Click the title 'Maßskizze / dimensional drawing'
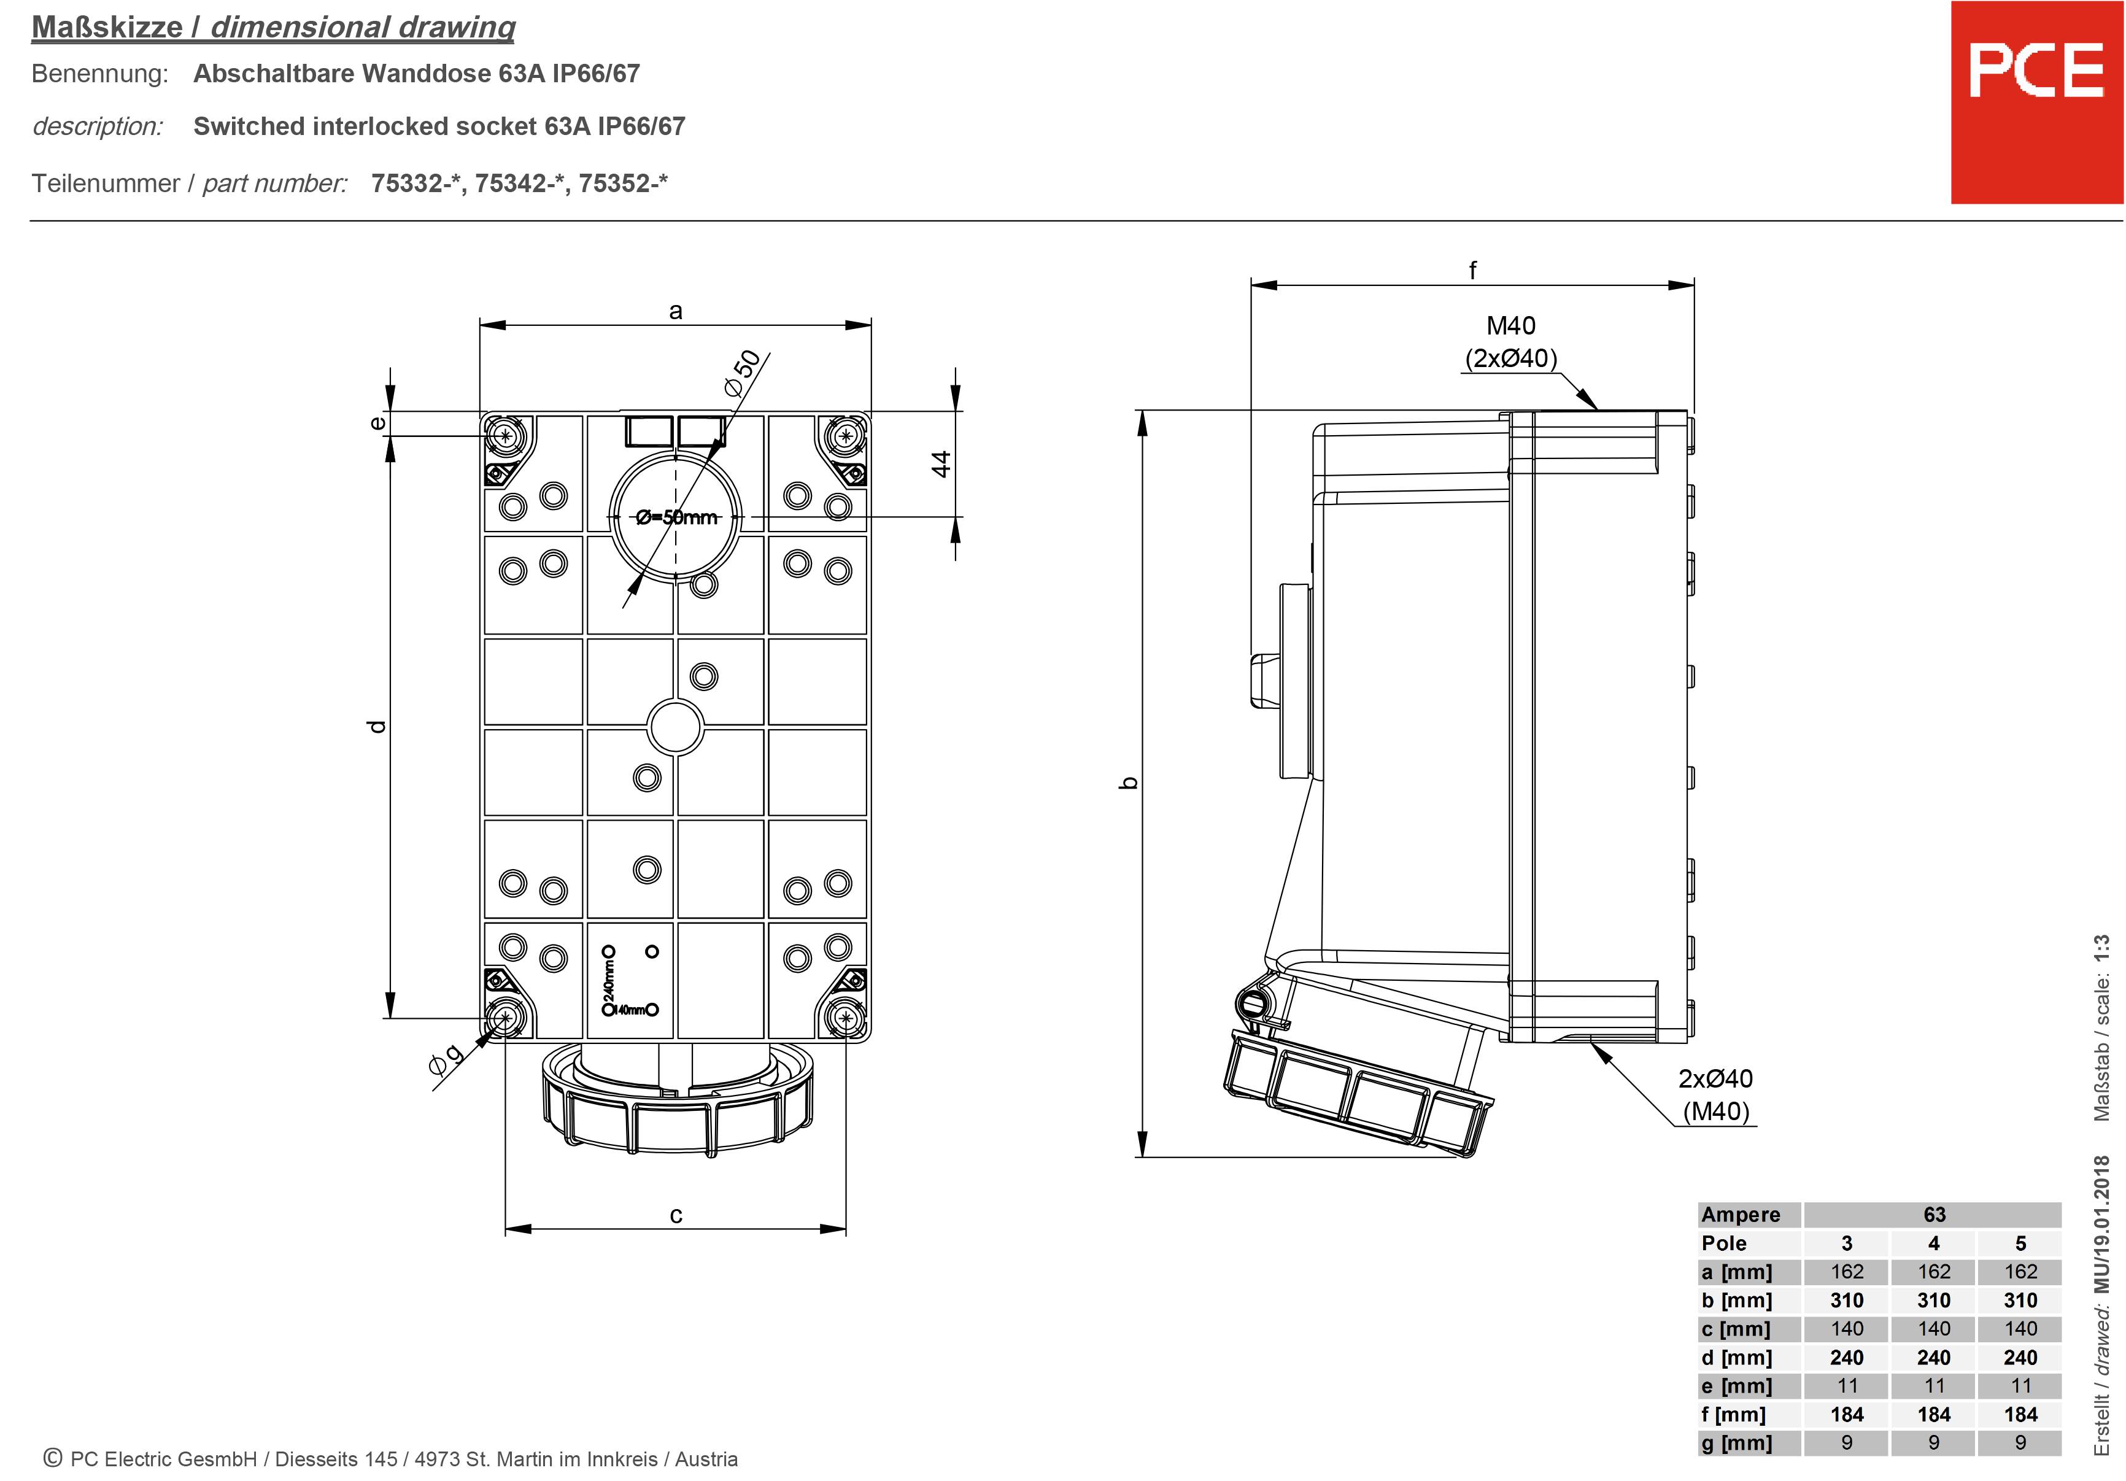[273, 27]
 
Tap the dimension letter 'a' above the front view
[675, 311]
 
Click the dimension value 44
[941, 464]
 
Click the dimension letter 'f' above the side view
[1472, 271]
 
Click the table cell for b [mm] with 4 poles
[1933, 1301]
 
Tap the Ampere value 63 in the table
[1933, 1214]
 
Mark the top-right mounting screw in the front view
[843, 435]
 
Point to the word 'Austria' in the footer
[706, 1460]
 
